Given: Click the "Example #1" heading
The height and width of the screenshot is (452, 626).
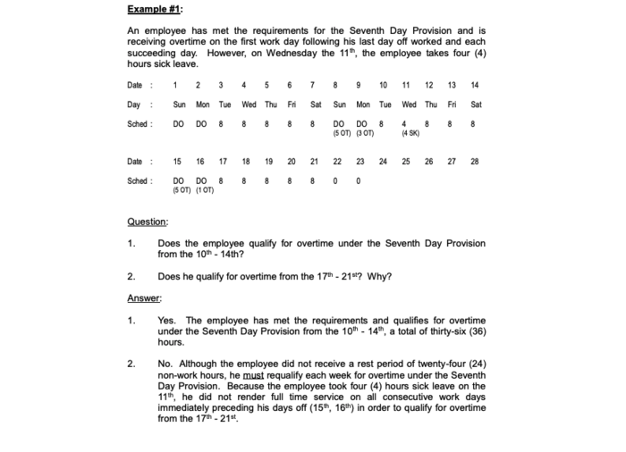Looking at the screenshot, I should tap(153, 9).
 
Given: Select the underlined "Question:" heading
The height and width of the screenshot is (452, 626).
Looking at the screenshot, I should tap(148, 222).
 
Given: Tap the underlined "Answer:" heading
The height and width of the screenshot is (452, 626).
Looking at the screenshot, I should tap(144, 298).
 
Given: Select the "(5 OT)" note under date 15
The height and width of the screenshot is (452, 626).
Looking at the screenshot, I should tap(177, 189).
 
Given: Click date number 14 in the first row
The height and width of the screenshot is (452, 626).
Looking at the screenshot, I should tap(474, 85).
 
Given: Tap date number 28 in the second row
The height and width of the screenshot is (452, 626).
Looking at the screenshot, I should tap(474, 162).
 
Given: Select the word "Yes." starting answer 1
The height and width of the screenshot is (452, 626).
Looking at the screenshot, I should tap(166, 320).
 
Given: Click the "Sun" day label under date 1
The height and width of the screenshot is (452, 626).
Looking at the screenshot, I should tap(178, 105).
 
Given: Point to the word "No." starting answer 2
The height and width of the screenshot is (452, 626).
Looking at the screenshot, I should tap(165, 364).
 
